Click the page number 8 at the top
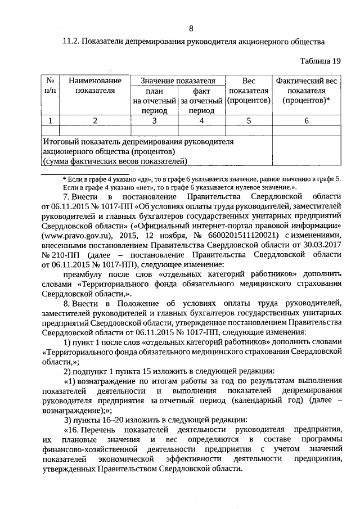coord(191,29)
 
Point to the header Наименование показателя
coord(94,85)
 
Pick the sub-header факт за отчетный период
coord(201,101)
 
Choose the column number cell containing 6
coord(307,120)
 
